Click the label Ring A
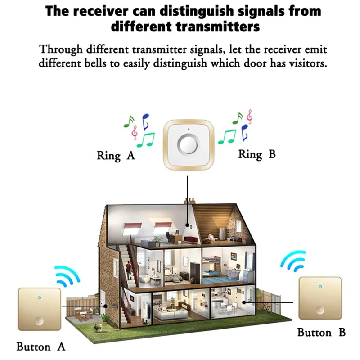click(x=116, y=156)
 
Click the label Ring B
click(x=256, y=154)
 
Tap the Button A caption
click(x=41, y=346)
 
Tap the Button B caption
click(x=321, y=333)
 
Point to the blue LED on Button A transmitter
click(x=39, y=297)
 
